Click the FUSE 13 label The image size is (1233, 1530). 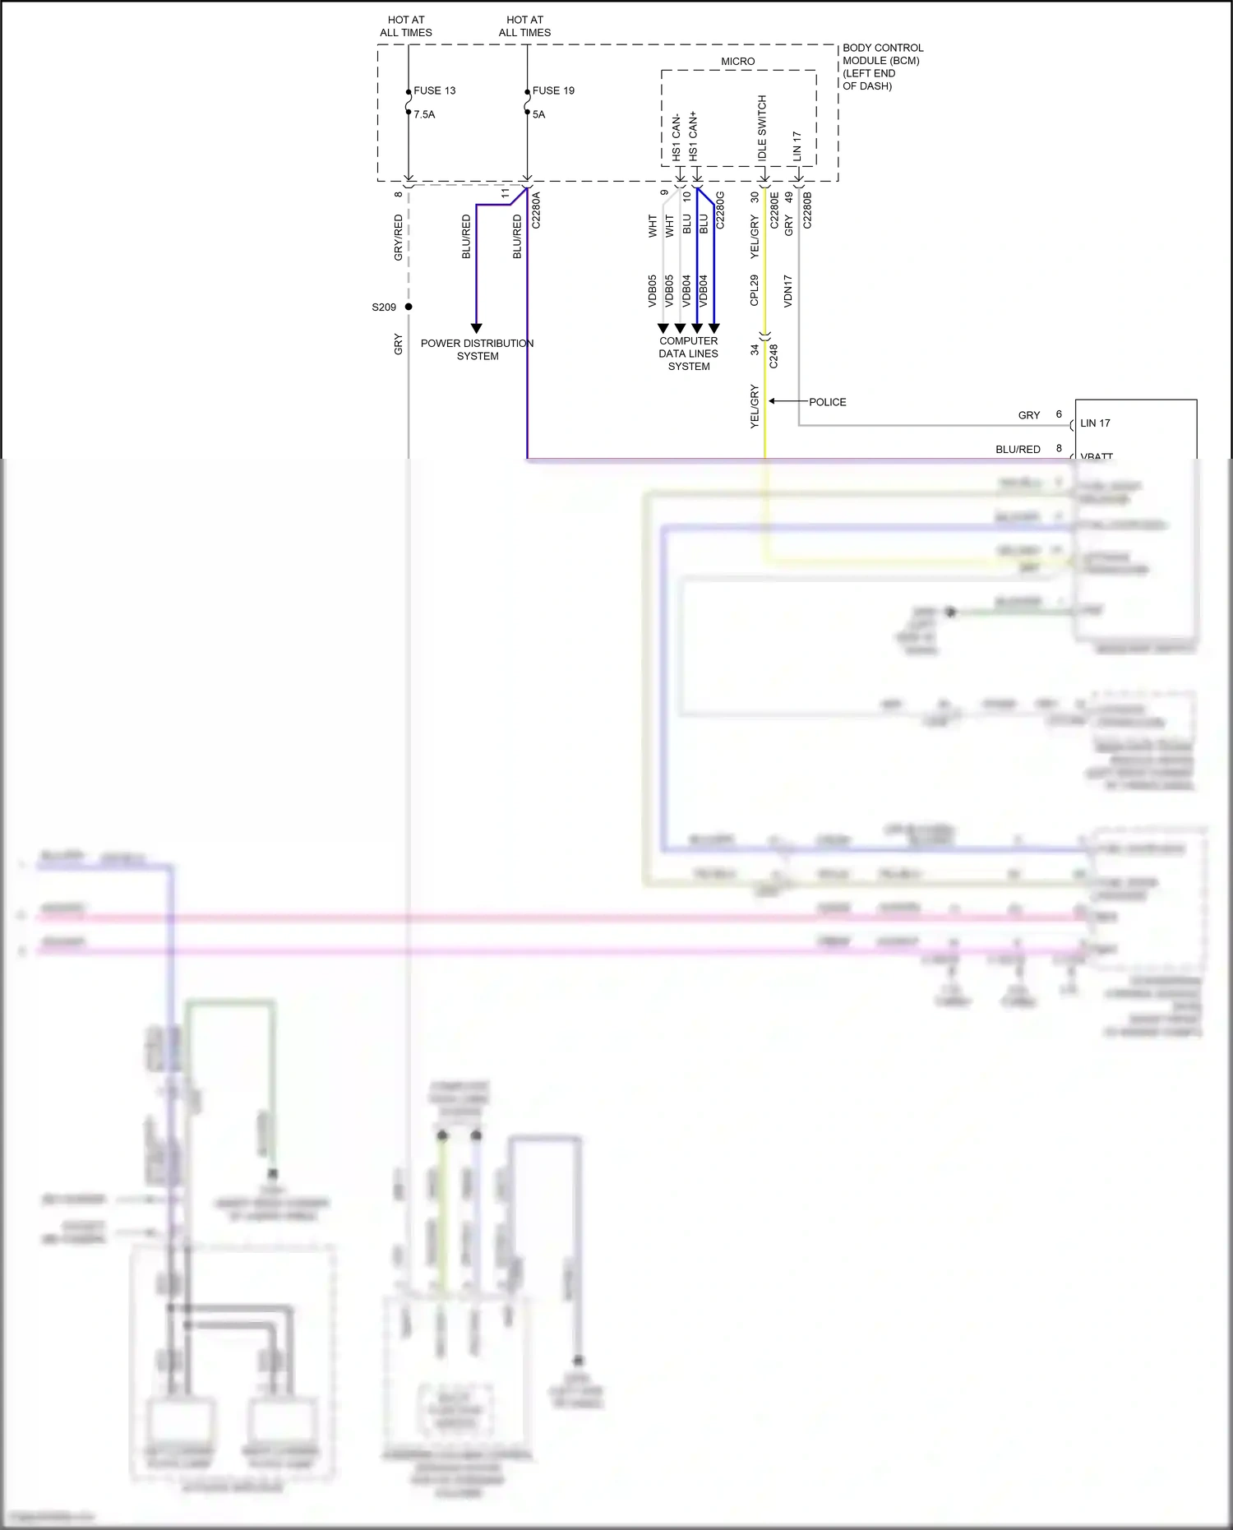tap(434, 90)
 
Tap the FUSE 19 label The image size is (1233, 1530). tap(553, 90)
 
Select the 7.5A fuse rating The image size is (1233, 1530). tap(424, 114)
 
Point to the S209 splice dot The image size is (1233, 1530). tap(409, 307)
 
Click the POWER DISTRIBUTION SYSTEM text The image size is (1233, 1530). tap(477, 349)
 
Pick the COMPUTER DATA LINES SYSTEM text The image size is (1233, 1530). tap(688, 354)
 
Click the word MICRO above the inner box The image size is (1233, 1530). tap(737, 62)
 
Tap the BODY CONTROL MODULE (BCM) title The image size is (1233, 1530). tap(882, 54)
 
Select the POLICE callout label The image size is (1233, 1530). tap(827, 402)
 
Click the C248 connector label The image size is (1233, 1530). tap(774, 356)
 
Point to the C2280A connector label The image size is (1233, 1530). tap(536, 210)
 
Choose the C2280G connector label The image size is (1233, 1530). tap(720, 210)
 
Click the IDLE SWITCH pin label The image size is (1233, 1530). tap(762, 127)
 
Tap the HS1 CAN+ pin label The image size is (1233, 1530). tap(694, 136)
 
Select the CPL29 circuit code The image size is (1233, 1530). tap(754, 290)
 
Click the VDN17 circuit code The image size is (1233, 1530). tap(787, 290)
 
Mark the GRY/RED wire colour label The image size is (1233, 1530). tap(399, 238)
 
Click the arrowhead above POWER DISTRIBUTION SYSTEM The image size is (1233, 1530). tap(476, 328)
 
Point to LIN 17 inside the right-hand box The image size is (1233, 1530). tap(1095, 423)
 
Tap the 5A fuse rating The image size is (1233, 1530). tap(538, 114)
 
